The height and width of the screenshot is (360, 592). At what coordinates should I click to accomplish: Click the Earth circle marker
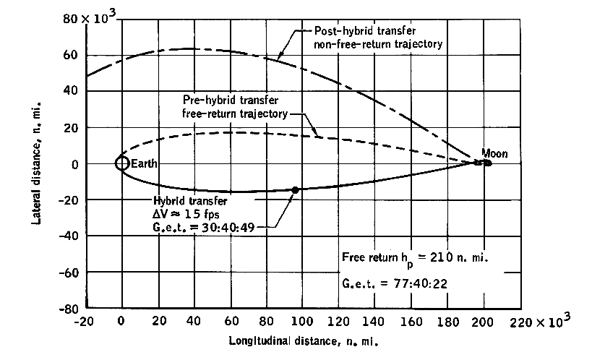click(x=121, y=163)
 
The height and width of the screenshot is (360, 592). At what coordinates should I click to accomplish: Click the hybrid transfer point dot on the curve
click(x=295, y=189)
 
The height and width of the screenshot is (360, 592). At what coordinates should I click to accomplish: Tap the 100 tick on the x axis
click(x=302, y=321)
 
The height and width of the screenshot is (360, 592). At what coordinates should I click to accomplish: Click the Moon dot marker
click(x=488, y=163)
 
